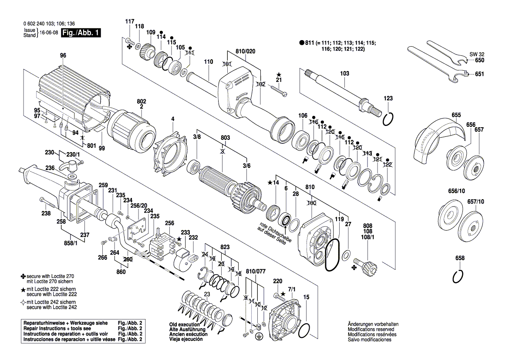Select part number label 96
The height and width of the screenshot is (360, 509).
coord(63,55)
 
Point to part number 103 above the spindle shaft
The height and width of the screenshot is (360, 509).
coord(344,74)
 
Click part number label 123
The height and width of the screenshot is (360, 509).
coord(388,98)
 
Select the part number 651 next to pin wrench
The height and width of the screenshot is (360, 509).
coord(479,74)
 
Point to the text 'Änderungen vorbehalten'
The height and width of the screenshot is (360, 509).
coord(373,325)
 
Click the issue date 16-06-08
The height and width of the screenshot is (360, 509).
coord(49,33)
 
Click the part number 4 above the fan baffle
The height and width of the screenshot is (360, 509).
coord(172,119)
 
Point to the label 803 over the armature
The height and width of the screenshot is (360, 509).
coord(225,137)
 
